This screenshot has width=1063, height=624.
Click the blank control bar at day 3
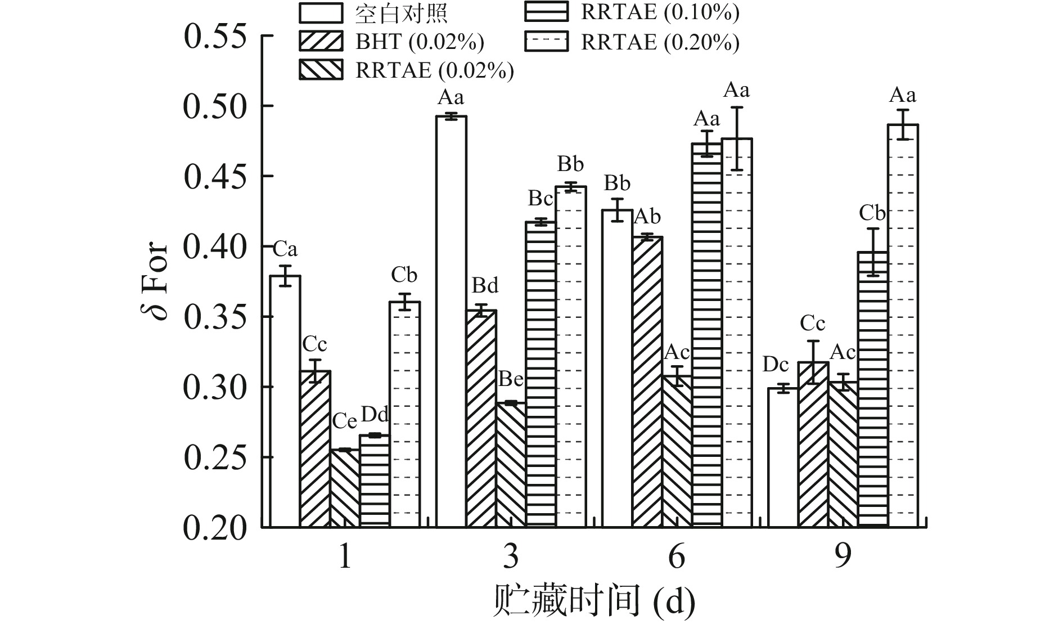pyautogui.click(x=451, y=321)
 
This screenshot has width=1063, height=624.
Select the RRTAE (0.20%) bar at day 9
pyautogui.click(x=903, y=326)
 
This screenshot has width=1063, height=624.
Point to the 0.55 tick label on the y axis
pyautogui.click(x=215, y=37)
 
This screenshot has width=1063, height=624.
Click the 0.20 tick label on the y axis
pyautogui.click(x=215, y=528)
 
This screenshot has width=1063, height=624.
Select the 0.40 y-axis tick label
pyautogui.click(x=215, y=247)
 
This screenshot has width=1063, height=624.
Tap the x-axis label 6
pyautogui.click(x=677, y=557)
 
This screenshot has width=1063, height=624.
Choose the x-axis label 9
pyautogui.click(x=843, y=557)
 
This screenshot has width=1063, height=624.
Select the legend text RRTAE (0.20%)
pyautogui.click(x=660, y=43)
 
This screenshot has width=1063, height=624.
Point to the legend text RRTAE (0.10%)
pyautogui.click(x=660, y=13)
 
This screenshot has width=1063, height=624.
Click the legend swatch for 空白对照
pyautogui.click(x=321, y=13)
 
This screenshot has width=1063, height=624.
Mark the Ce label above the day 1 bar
pyautogui.click(x=344, y=421)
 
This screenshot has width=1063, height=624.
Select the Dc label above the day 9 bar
pyautogui.click(x=776, y=365)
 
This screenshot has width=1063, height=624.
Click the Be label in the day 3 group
pyautogui.click(x=511, y=379)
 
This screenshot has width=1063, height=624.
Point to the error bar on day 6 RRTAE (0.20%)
pyautogui.click(x=737, y=138)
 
